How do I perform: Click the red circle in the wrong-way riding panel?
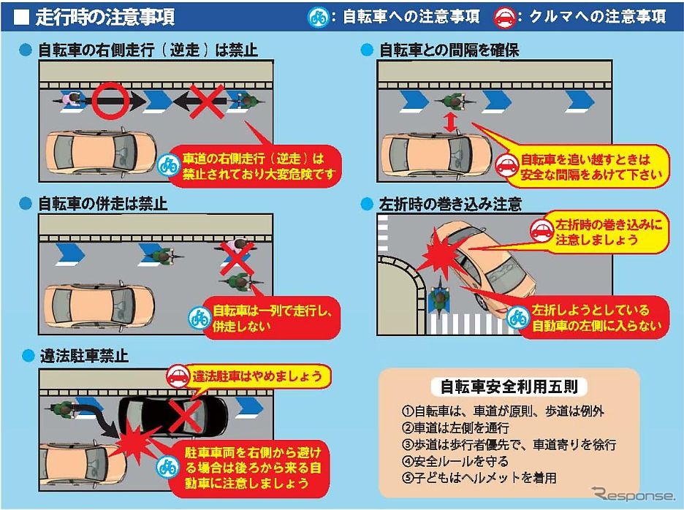110,86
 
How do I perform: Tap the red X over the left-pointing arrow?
207,102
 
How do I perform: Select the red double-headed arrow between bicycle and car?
450,122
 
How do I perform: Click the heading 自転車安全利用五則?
509,387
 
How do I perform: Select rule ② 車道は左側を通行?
455,427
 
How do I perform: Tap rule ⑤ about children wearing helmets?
479,478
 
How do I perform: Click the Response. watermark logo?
633,495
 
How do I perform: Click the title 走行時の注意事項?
104,17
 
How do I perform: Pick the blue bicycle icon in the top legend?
319,18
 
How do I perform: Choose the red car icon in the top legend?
505,18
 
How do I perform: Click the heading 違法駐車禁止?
84,356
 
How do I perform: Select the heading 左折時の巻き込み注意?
450,204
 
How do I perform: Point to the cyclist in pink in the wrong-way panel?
72,102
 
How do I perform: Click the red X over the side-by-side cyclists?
236,258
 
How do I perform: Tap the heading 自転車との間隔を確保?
449,50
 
